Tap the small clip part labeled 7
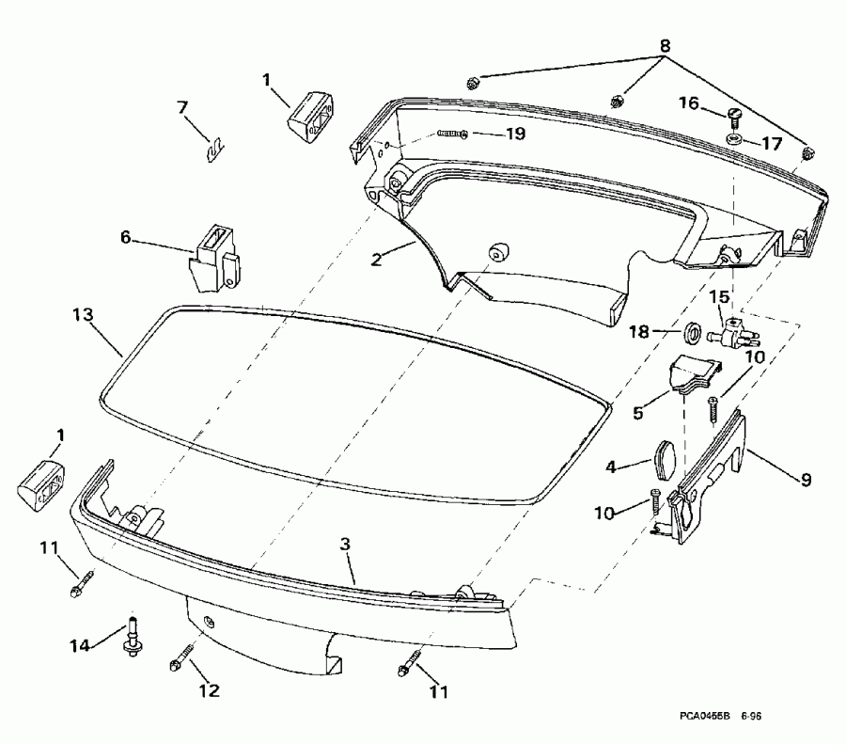pos(214,148)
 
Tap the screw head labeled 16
pos(734,118)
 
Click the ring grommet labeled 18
pos(691,332)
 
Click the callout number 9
pos(806,479)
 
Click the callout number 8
pos(666,44)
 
